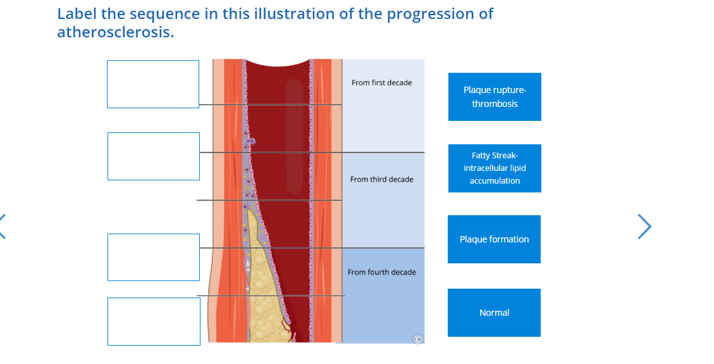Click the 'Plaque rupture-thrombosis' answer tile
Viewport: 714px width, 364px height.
[x=495, y=97]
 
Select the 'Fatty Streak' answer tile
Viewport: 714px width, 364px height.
[x=495, y=168]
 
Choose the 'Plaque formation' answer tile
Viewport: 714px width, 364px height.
[x=494, y=239]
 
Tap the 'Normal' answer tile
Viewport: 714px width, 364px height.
[x=494, y=313]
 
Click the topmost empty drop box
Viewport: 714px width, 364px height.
[x=153, y=84]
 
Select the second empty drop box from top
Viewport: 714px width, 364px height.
[x=154, y=156]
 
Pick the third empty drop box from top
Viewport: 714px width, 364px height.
[x=154, y=257]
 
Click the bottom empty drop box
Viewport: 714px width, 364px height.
[x=154, y=322]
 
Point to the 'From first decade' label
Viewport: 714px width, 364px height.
[x=381, y=83]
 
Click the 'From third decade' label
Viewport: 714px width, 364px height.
[x=381, y=179]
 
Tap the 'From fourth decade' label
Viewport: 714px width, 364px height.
[x=381, y=272]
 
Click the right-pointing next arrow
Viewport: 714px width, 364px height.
[x=644, y=227]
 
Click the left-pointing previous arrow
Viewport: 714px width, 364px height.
[x=3, y=227]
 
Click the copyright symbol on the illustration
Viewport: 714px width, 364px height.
[x=417, y=339]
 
